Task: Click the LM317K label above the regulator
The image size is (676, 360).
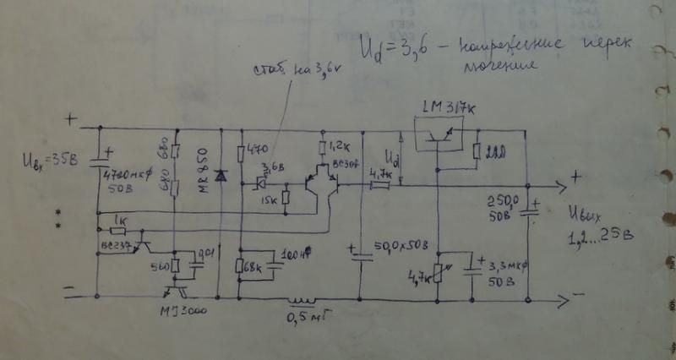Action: (455, 107)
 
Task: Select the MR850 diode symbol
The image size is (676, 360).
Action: (221, 177)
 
